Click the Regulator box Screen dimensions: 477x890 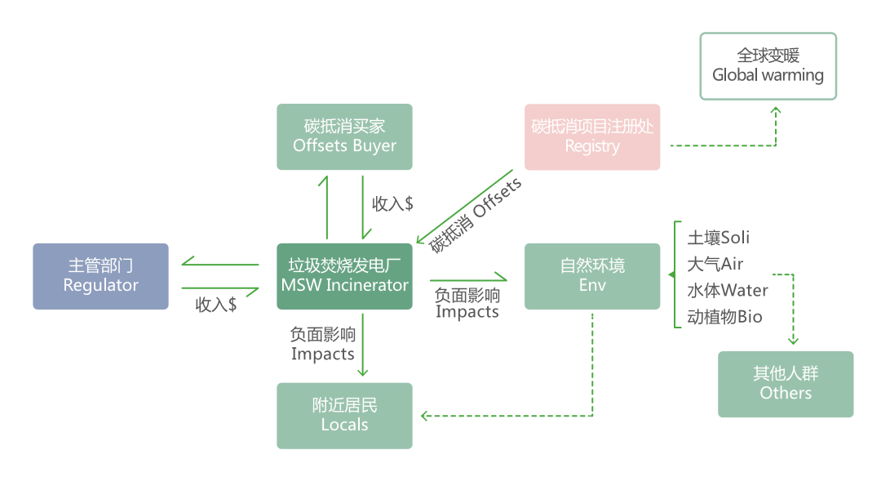[x=100, y=276]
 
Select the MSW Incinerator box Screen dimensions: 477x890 [x=344, y=276]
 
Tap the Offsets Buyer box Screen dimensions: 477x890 [x=344, y=136]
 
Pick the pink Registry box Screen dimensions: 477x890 [x=591, y=136]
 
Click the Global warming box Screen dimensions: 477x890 [x=768, y=66]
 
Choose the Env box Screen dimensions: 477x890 [x=591, y=276]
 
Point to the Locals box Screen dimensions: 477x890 [x=344, y=415]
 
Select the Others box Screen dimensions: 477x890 [x=786, y=384]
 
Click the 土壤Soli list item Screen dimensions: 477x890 [x=718, y=238]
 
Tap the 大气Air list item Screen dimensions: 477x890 [x=715, y=264]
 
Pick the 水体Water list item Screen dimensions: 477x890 [x=727, y=290]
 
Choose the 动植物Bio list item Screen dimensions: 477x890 [x=724, y=316]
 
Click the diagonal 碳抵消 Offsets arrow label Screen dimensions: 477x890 [x=476, y=215]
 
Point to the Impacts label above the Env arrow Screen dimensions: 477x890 [x=467, y=303]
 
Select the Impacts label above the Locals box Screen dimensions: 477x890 [x=322, y=344]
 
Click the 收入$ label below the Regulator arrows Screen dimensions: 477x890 [x=216, y=305]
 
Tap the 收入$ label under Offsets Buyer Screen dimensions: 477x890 [x=392, y=203]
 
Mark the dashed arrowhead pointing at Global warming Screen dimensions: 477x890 [x=776, y=110]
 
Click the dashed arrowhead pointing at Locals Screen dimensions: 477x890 [x=426, y=416]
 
